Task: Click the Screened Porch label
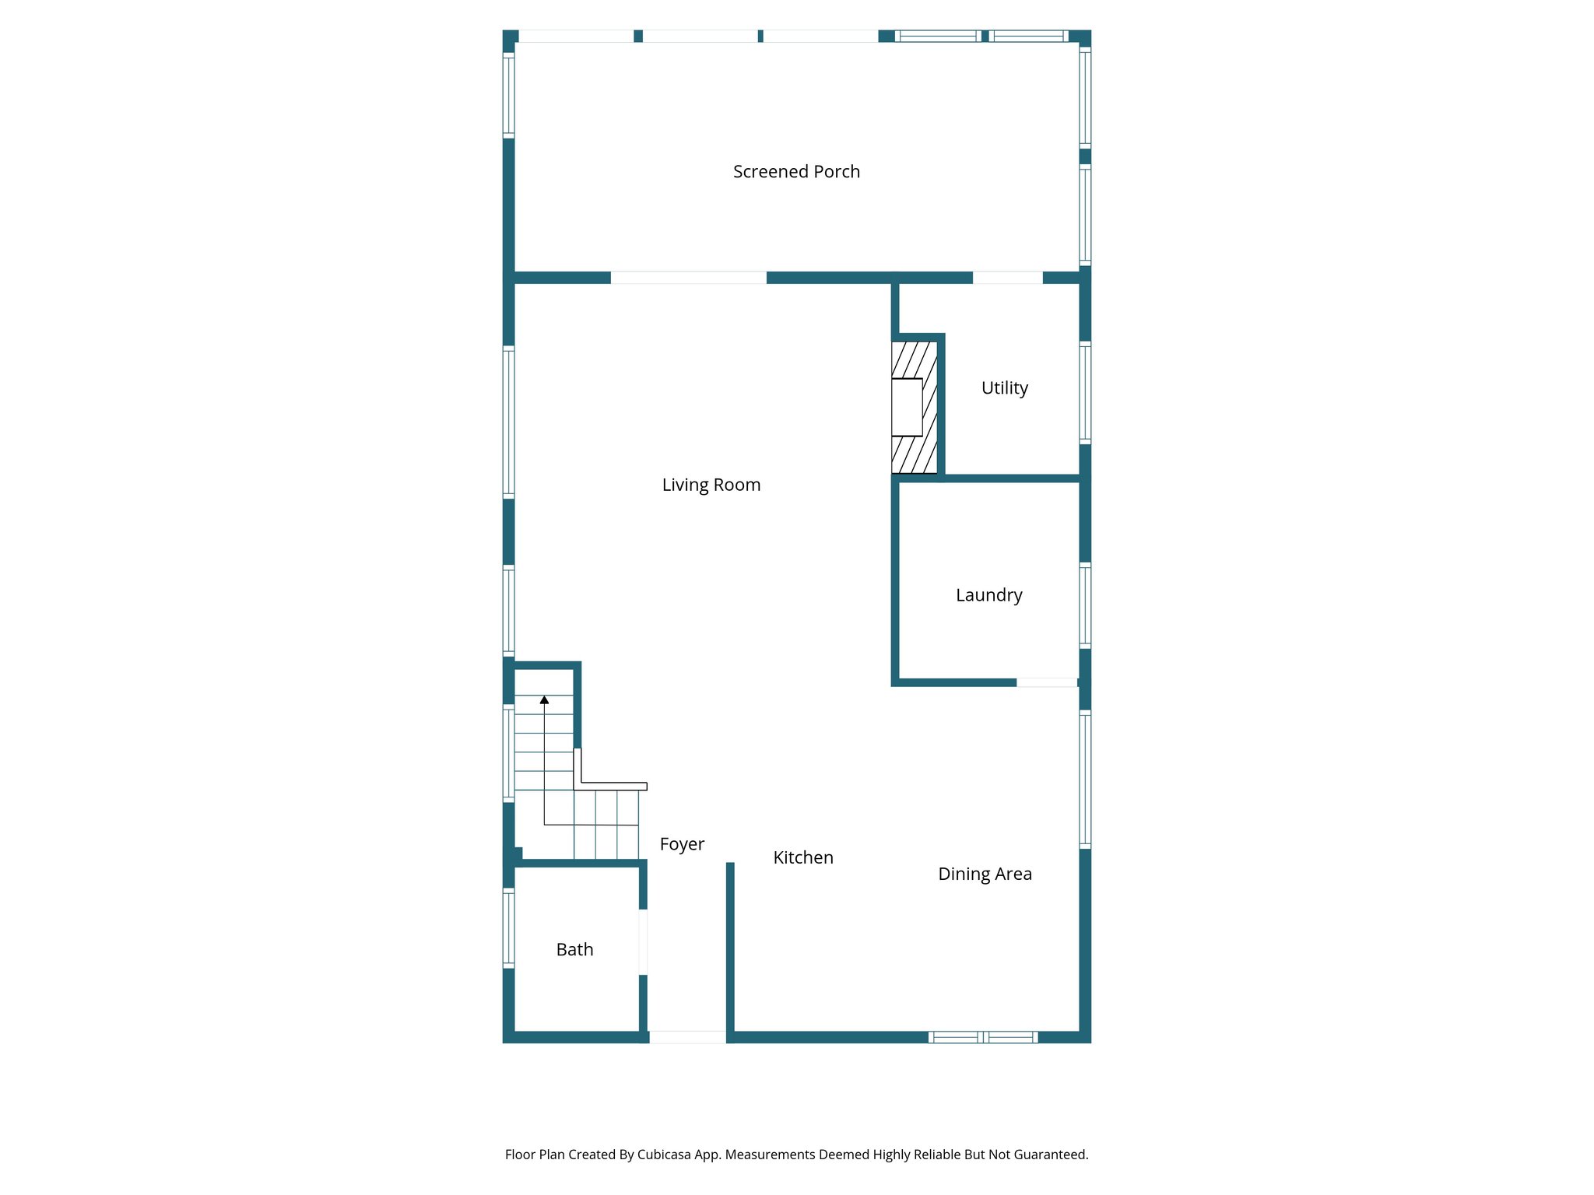(796, 172)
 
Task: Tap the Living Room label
(711, 485)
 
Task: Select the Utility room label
(1004, 388)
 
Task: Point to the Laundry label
(988, 595)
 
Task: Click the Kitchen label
(802, 858)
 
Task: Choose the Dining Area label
(985, 874)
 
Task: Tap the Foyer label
(682, 845)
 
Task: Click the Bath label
(574, 950)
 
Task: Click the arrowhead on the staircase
(544, 700)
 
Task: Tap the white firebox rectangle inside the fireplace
(907, 407)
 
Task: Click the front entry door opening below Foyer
(687, 1037)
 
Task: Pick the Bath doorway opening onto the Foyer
(643, 942)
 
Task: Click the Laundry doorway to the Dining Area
(1047, 683)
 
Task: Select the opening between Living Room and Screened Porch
(688, 278)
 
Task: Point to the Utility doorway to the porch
(1007, 278)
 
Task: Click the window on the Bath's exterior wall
(508, 928)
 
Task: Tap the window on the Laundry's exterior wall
(1085, 605)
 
